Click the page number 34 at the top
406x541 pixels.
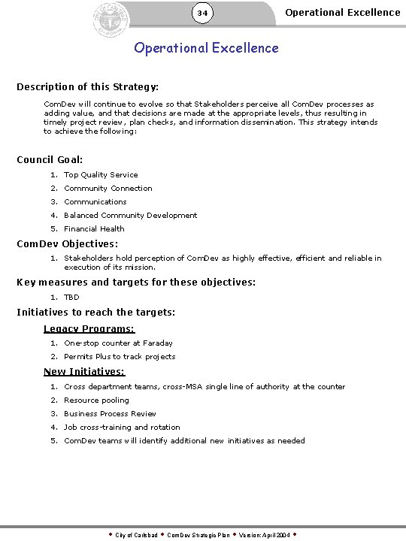point(202,13)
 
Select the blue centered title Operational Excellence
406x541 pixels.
point(206,48)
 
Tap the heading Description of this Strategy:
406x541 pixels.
point(87,87)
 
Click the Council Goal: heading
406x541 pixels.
point(50,159)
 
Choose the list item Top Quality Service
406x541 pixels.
point(101,175)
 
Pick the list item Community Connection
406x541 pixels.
point(108,189)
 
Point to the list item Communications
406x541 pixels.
point(95,202)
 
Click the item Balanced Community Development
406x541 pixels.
point(130,216)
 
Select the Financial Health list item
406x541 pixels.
point(94,229)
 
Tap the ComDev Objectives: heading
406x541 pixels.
point(68,243)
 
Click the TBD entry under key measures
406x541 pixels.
point(71,298)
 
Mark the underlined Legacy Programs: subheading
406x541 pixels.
point(89,329)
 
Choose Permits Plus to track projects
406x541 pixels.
point(120,357)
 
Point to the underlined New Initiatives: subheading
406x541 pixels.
point(84,372)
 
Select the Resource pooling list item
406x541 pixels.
point(96,400)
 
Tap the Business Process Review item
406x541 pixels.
point(110,414)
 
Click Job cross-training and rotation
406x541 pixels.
point(122,428)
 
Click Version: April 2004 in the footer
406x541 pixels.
point(264,535)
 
